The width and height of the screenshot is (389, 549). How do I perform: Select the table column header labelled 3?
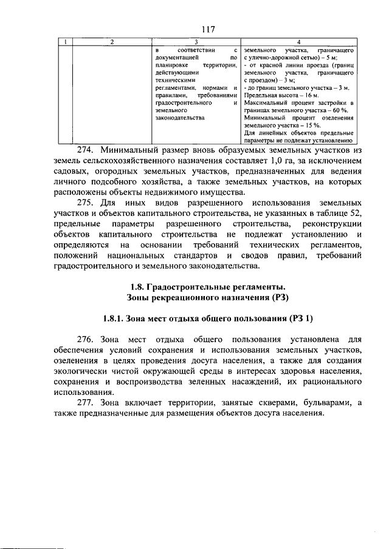194,41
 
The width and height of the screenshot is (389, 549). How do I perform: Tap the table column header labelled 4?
298,41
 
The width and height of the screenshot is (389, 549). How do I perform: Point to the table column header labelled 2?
111,41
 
